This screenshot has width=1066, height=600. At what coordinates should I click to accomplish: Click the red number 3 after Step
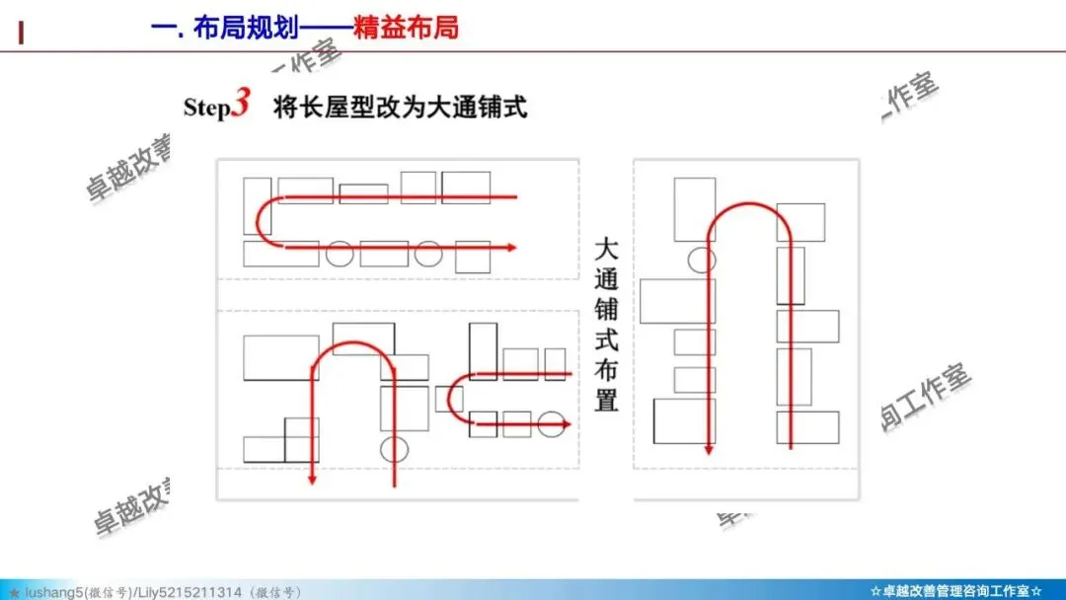coord(240,105)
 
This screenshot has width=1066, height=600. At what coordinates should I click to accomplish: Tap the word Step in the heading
coord(206,108)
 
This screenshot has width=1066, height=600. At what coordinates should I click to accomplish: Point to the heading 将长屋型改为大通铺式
coord(400,107)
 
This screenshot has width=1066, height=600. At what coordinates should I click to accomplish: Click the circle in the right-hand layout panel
coord(702,260)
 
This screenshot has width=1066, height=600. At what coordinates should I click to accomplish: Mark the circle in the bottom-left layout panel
coord(394,448)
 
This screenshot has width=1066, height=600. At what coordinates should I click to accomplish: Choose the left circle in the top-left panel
coord(340,254)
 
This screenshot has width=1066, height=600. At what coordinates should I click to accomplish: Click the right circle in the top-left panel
coord(426,253)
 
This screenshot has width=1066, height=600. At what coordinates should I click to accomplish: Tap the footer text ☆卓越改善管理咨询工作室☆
coord(955,591)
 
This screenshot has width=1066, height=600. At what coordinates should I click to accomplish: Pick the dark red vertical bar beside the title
coord(21,32)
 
